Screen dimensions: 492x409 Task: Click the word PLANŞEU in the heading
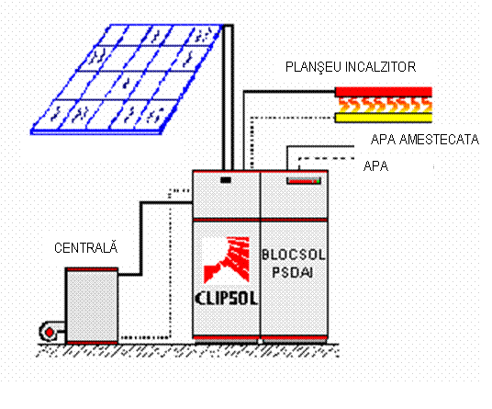tap(313, 67)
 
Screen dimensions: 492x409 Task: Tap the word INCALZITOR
tap(380, 67)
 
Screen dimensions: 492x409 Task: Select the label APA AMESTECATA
tap(425, 139)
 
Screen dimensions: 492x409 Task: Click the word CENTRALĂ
tap(86, 247)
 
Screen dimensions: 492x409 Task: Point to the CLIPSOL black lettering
tap(227, 298)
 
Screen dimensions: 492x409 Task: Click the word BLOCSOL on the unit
tap(294, 255)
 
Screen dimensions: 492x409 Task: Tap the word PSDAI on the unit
tap(293, 272)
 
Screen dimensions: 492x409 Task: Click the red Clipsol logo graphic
tap(227, 260)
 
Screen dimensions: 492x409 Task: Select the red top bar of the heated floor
tap(384, 92)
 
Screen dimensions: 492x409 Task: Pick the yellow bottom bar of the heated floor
tap(384, 118)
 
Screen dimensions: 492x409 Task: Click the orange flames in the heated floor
tap(386, 105)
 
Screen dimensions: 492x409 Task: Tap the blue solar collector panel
tap(126, 79)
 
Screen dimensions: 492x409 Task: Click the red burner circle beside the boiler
tap(50, 332)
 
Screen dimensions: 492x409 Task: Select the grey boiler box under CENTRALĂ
tap(92, 306)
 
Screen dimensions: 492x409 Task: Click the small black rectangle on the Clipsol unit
tap(226, 180)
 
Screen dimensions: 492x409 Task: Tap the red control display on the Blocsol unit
tap(304, 181)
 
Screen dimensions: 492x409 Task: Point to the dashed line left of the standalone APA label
tap(327, 158)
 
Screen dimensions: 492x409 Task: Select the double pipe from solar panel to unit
tap(228, 97)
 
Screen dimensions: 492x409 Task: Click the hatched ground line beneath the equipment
tap(188, 350)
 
